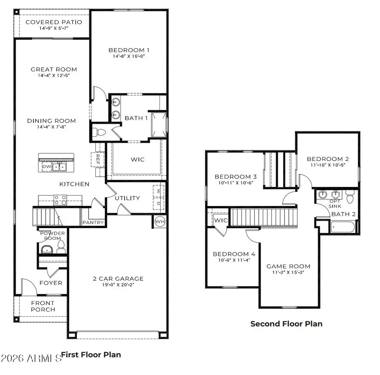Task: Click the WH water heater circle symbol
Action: point(160,221)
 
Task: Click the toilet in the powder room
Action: point(60,247)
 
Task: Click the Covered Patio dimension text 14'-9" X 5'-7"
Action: point(54,29)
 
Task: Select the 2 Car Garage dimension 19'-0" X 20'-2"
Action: point(118,285)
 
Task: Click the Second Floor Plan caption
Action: point(286,324)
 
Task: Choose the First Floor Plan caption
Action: point(91,354)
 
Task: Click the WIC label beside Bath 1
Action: point(138,159)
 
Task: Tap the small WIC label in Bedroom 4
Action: point(221,220)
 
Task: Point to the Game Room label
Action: point(288,266)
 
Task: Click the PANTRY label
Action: point(91,222)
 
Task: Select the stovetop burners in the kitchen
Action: point(60,199)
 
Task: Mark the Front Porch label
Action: point(43,306)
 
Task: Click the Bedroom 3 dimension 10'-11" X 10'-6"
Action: point(236,183)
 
